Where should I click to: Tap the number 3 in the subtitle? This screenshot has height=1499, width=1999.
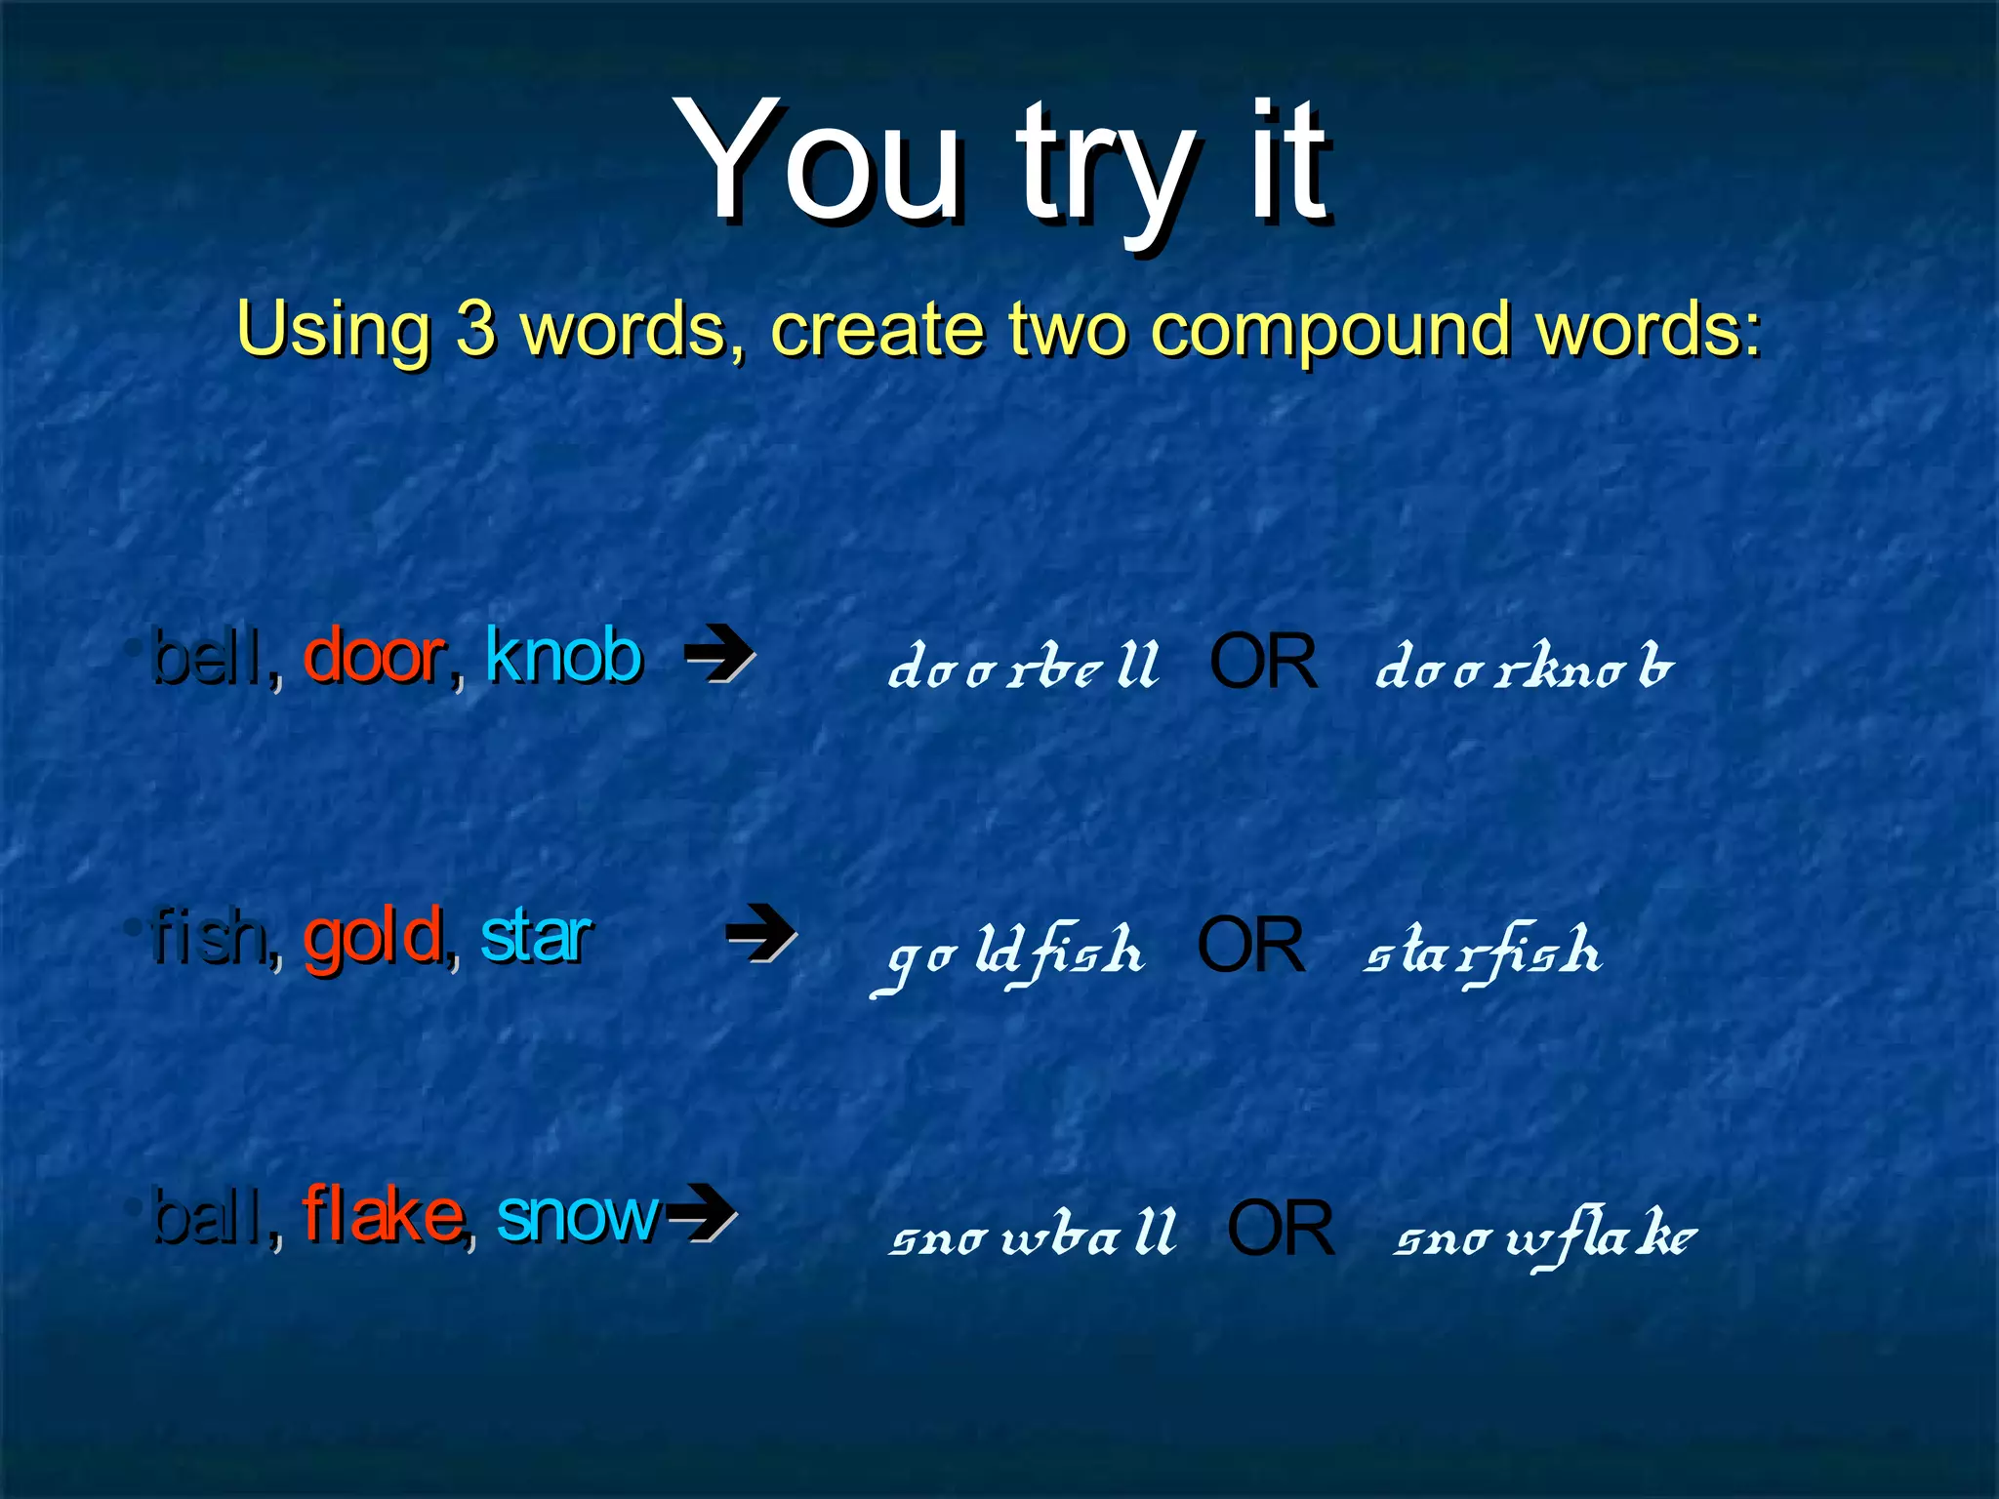[475, 328]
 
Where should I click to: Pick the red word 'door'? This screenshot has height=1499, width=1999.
[374, 657]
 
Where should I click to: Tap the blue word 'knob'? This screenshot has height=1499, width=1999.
[564, 655]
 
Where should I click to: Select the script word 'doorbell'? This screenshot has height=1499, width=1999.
[1023, 666]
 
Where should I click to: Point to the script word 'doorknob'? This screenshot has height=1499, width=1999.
[1523, 666]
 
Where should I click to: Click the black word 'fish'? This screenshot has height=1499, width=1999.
[208, 937]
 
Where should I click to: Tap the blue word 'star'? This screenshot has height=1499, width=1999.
[536, 937]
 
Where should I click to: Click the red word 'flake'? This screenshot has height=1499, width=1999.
[383, 1215]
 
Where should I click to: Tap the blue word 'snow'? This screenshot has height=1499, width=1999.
[578, 1217]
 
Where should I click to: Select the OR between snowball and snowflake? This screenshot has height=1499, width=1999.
[1280, 1229]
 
